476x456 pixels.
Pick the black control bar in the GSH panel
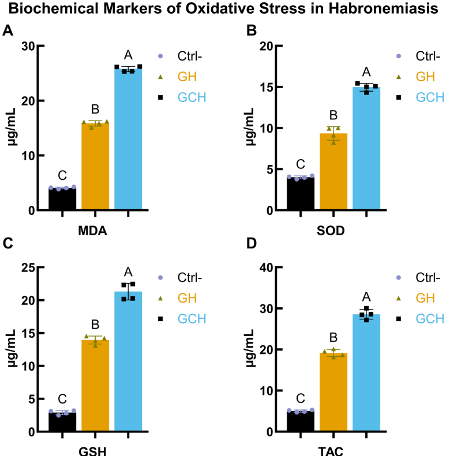[62, 422]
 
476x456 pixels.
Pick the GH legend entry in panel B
[425, 77]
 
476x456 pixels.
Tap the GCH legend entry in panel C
[192, 319]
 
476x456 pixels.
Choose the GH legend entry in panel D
[425, 298]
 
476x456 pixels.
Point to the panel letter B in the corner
[251, 31]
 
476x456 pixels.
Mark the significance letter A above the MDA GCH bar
[128, 55]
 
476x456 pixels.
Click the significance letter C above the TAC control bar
[300, 398]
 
